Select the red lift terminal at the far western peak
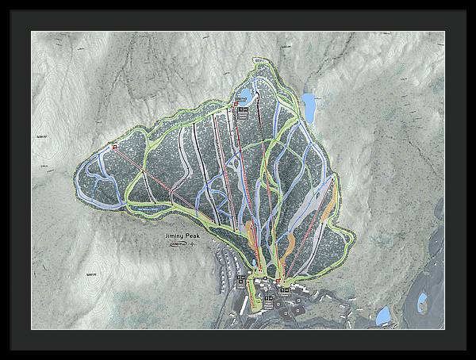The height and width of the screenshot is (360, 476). pos(114,146)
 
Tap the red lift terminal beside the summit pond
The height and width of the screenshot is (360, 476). pos(236,103)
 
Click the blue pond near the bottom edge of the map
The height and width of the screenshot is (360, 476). pos(382,315)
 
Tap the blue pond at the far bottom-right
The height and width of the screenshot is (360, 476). pos(422,301)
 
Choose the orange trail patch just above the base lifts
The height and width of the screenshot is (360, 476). pos(252,235)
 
